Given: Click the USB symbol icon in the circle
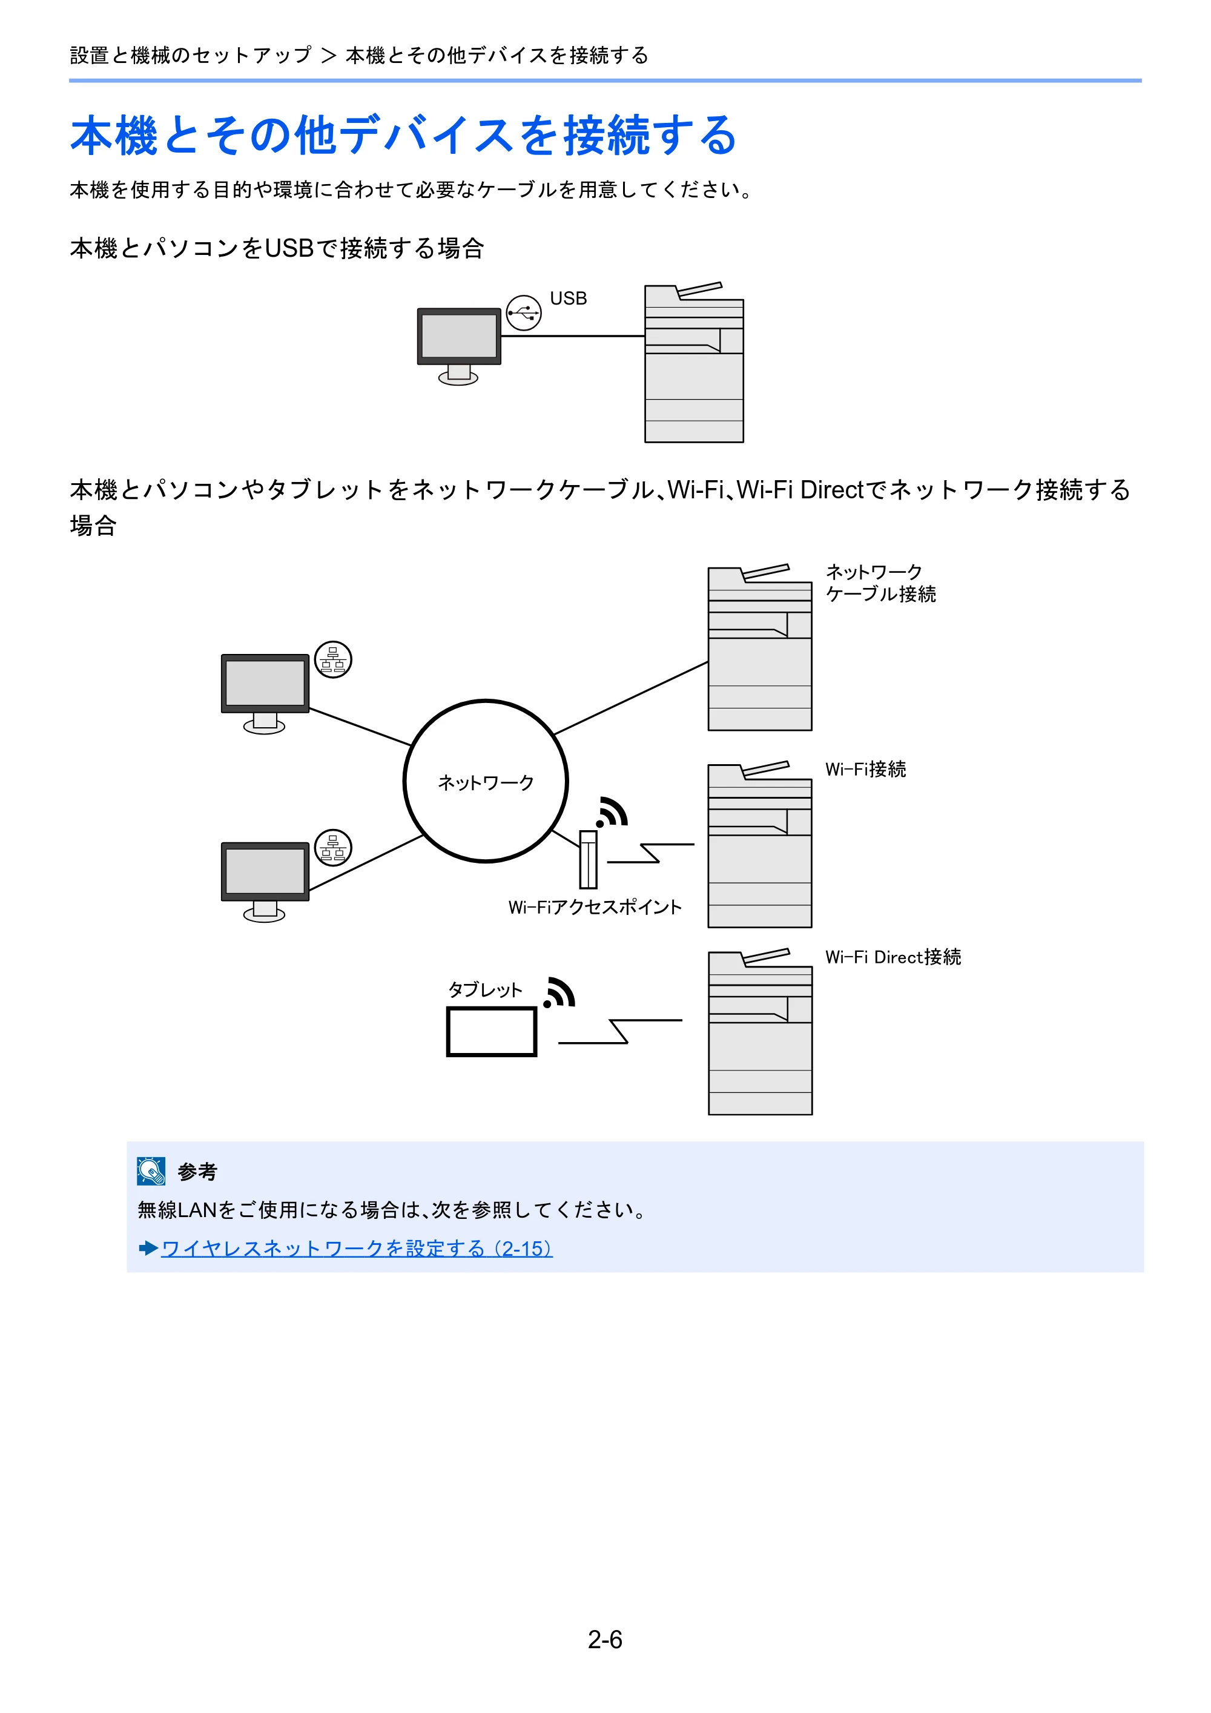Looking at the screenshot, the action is point(524,312).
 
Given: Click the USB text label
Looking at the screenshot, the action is point(568,299).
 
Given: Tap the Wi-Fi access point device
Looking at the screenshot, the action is point(588,859).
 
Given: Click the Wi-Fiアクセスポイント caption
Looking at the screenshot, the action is point(595,906).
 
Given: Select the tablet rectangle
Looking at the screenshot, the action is point(492,1032).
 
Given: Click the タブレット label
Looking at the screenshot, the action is point(485,989).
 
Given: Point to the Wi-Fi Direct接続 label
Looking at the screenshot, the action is point(893,957).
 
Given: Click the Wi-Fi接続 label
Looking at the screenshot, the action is point(865,768).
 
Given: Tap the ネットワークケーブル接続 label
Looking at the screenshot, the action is point(880,583).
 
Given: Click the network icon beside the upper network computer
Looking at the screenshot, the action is point(333,659).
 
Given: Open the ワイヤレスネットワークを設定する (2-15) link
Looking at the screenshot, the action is point(357,1248).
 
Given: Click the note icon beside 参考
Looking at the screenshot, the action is point(151,1170).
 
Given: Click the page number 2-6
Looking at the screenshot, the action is point(605,1639).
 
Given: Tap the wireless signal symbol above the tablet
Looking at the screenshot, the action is point(559,992).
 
